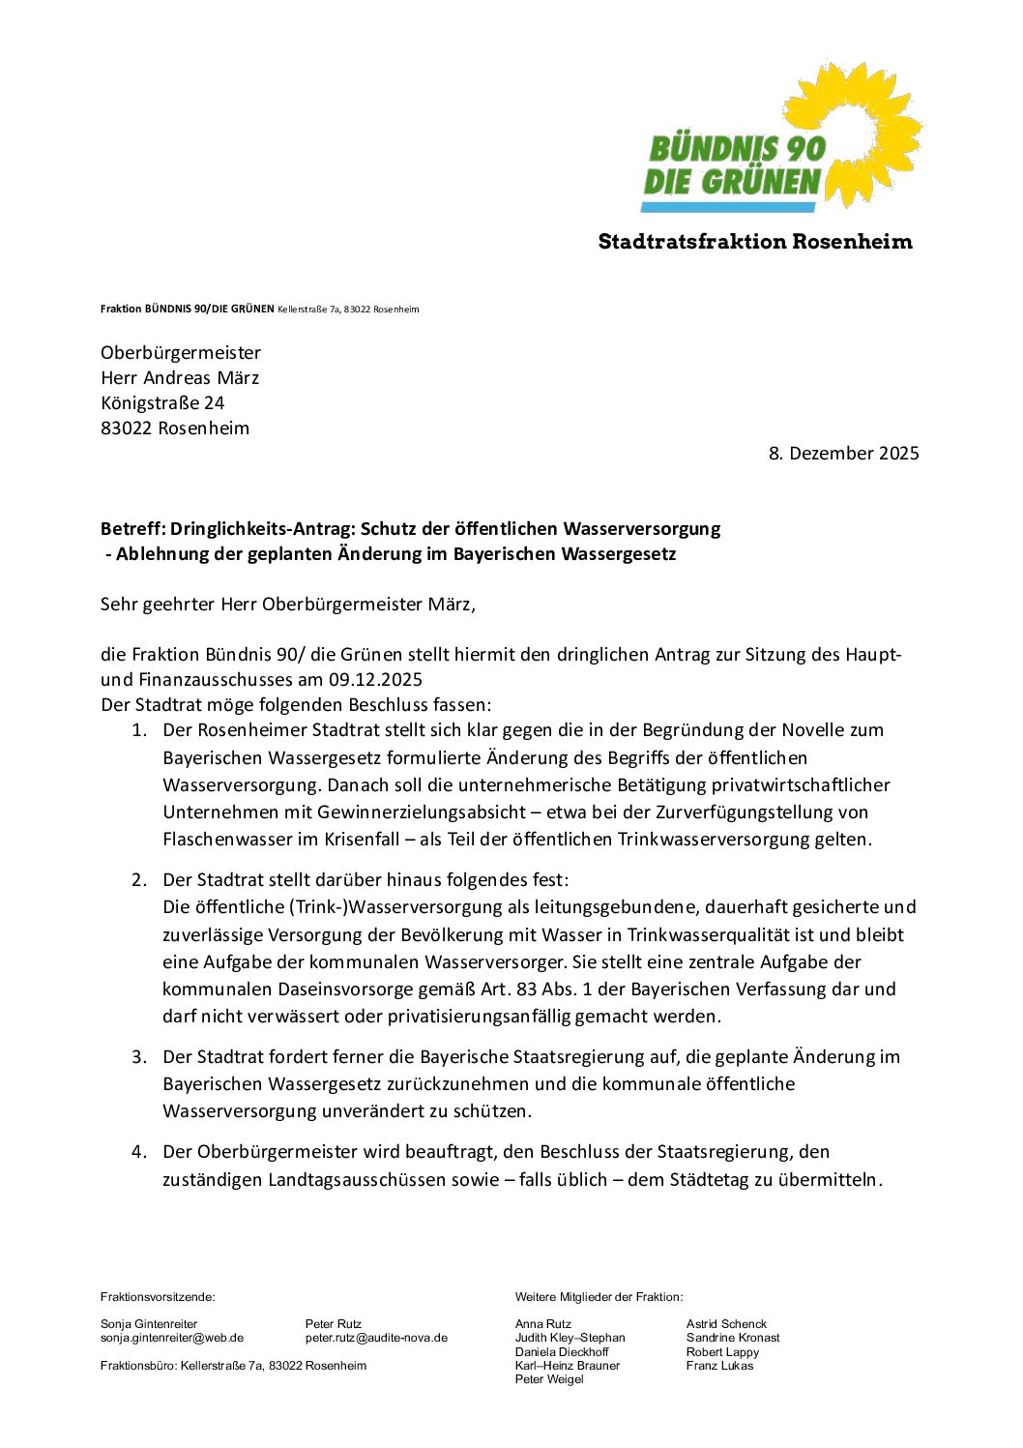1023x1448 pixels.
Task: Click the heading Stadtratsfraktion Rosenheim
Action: point(754,242)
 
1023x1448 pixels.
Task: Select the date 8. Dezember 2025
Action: point(843,454)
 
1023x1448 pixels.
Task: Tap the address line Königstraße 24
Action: point(162,403)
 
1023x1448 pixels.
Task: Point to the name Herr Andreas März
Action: point(180,378)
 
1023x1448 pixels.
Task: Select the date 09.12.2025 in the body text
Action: point(375,680)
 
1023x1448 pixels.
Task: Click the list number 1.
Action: point(139,730)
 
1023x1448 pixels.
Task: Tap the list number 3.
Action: point(139,1057)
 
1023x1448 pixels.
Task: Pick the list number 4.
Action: point(139,1152)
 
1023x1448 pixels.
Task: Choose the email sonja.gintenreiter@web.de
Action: point(172,1338)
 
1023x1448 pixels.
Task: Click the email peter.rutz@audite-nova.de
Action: point(376,1338)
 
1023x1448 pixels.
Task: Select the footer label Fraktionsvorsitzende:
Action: point(158,1297)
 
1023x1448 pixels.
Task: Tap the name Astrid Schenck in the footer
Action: point(726,1324)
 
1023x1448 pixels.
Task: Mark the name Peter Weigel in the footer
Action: point(549,1379)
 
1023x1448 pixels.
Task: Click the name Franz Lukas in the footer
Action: point(719,1366)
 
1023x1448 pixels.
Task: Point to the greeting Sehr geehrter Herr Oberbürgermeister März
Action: point(287,606)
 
